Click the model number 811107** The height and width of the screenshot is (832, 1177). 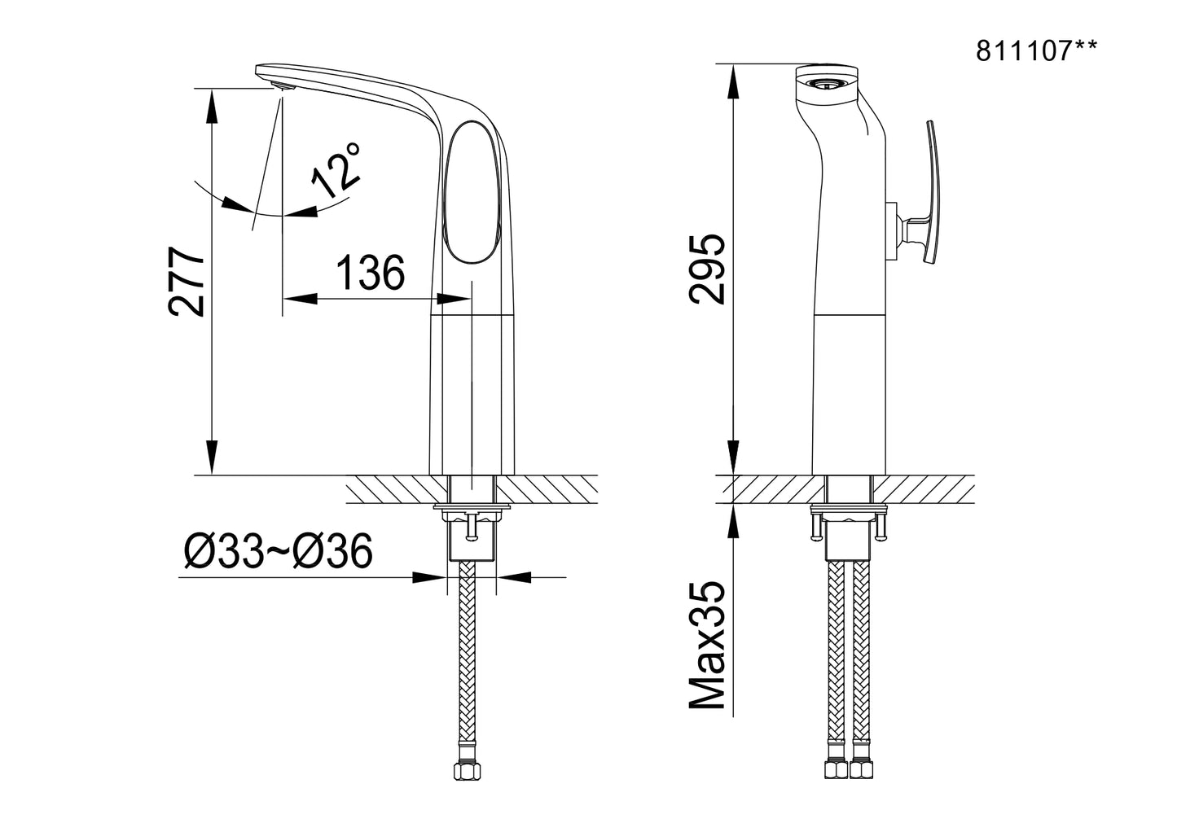pyautogui.click(x=1036, y=51)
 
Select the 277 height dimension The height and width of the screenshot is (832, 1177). pyautogui.click(x=187, y=282)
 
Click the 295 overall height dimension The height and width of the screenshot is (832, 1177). pyautogui.click(x=707, y=269)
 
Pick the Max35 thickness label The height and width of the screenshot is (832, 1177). pyautogui.click(x=707, y=645)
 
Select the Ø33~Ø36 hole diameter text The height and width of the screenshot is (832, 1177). pyautogui.click(x=279, y=550)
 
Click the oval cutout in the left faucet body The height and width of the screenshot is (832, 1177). pyautogui.click(x=472, y=192)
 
